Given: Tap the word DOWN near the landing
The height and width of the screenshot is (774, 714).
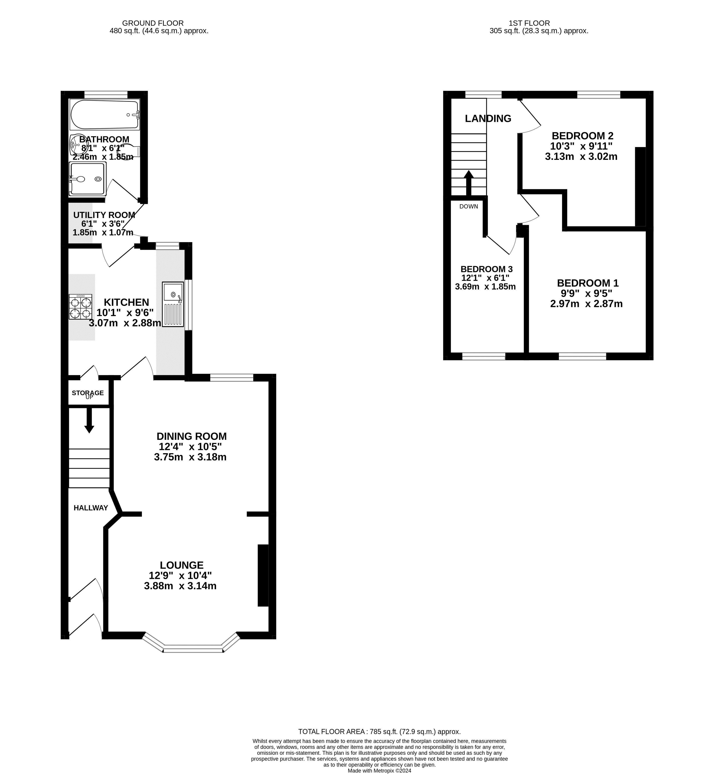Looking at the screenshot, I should [469, 206].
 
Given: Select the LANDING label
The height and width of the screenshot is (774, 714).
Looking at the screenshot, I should [488, 118].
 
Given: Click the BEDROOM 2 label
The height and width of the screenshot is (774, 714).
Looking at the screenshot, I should [582, 136].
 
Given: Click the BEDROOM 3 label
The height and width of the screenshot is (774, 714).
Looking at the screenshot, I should [486, 269].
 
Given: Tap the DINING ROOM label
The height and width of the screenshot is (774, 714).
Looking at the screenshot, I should [192, 436].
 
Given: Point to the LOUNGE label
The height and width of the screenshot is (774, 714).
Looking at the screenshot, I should [182, 565].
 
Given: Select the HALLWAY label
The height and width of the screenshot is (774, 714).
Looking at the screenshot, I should [91, 508].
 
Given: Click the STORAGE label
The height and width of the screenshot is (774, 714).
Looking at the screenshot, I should [88, 393].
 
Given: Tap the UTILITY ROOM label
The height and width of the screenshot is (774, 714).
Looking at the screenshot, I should [104, 215].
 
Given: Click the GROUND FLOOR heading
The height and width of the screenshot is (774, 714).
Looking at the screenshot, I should [153, 23].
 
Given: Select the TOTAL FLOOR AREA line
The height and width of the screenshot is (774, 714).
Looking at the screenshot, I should [379, 731].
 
